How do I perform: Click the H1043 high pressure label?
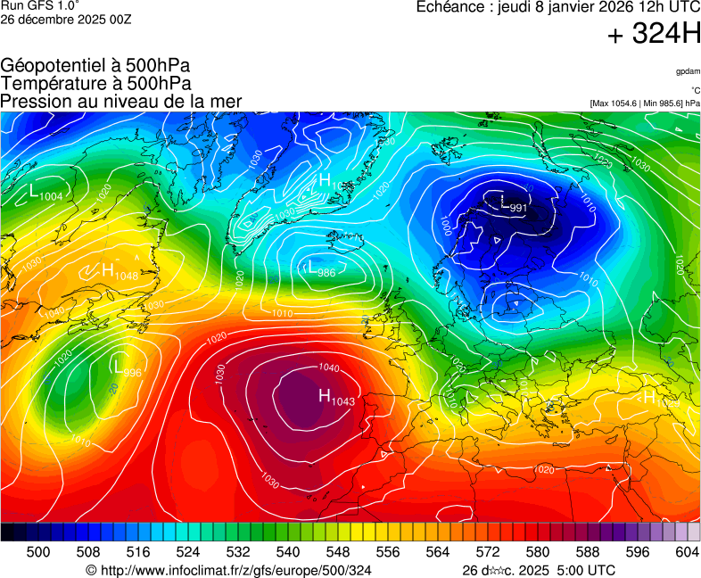pos(336,398)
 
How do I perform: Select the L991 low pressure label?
pos(513,207)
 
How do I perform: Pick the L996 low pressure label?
pos(128,367)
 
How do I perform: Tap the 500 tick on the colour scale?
pos(37,552)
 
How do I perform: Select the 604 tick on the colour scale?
pos(687,552)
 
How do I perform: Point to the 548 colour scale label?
pos(337,552)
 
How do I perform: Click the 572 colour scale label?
pos(487,552)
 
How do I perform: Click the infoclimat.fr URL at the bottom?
pos(228,570)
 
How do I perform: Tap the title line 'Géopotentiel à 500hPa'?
pos(95,66)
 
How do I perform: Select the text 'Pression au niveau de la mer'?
pos(121,102)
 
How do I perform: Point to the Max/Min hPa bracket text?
pos(645,103)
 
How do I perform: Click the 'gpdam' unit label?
pos(687,71)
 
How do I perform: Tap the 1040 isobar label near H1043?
pos(328,367)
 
